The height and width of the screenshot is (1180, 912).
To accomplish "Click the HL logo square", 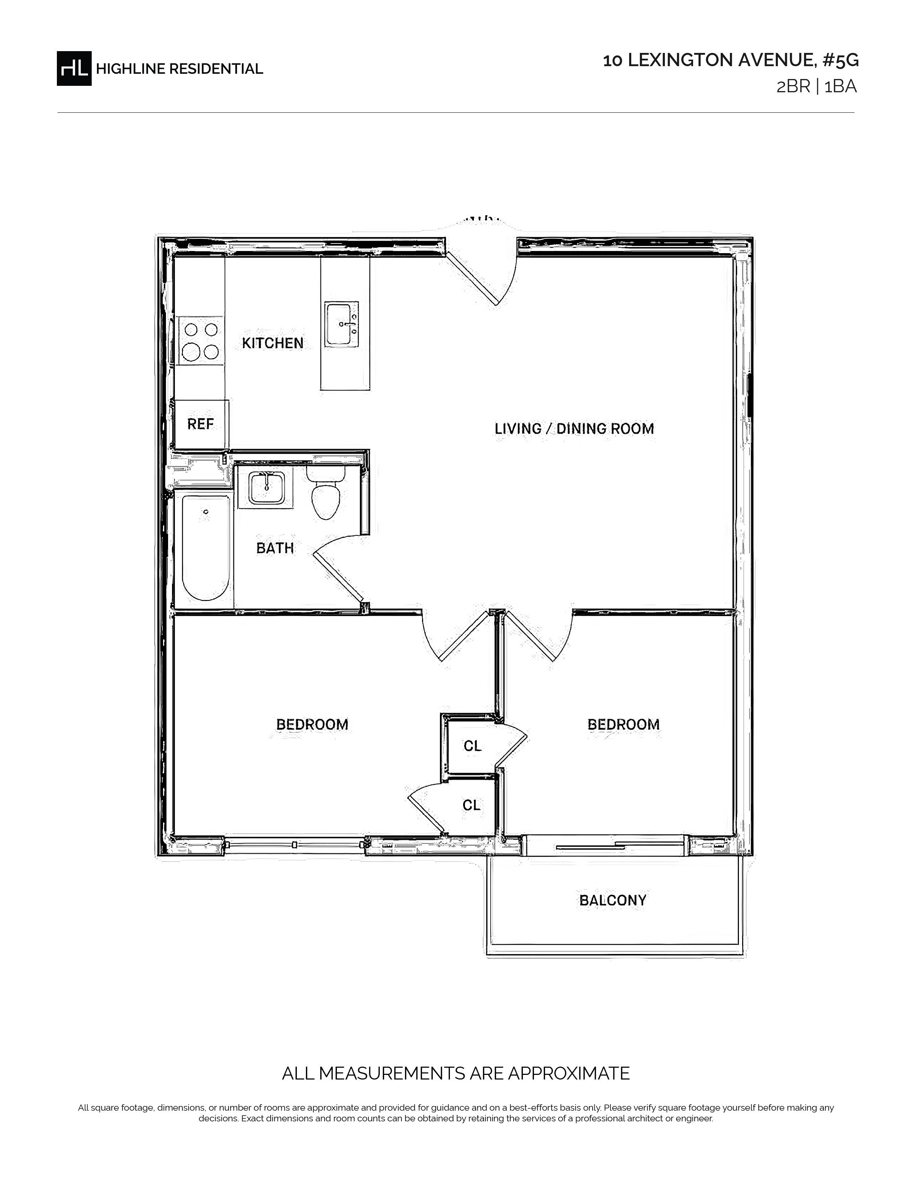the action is [x=74, y=68].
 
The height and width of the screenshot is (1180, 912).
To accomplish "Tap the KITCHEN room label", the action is [x=272, y=343].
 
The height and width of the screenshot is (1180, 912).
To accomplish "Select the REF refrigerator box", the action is [x=200, y=424].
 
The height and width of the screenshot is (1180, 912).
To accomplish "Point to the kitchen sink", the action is [x=342, y=324].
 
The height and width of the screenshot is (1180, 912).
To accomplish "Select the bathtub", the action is [x=205, y=548].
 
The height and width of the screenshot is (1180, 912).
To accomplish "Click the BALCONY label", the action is [x=613, y=900].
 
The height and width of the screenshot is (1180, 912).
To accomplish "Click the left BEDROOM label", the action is [x=312, y=724].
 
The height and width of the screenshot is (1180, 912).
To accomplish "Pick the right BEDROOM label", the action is [x=623, y=724].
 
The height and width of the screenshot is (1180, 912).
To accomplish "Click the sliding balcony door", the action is [x=605, y=845].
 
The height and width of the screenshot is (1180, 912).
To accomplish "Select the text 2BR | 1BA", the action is [x=817, y=87].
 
